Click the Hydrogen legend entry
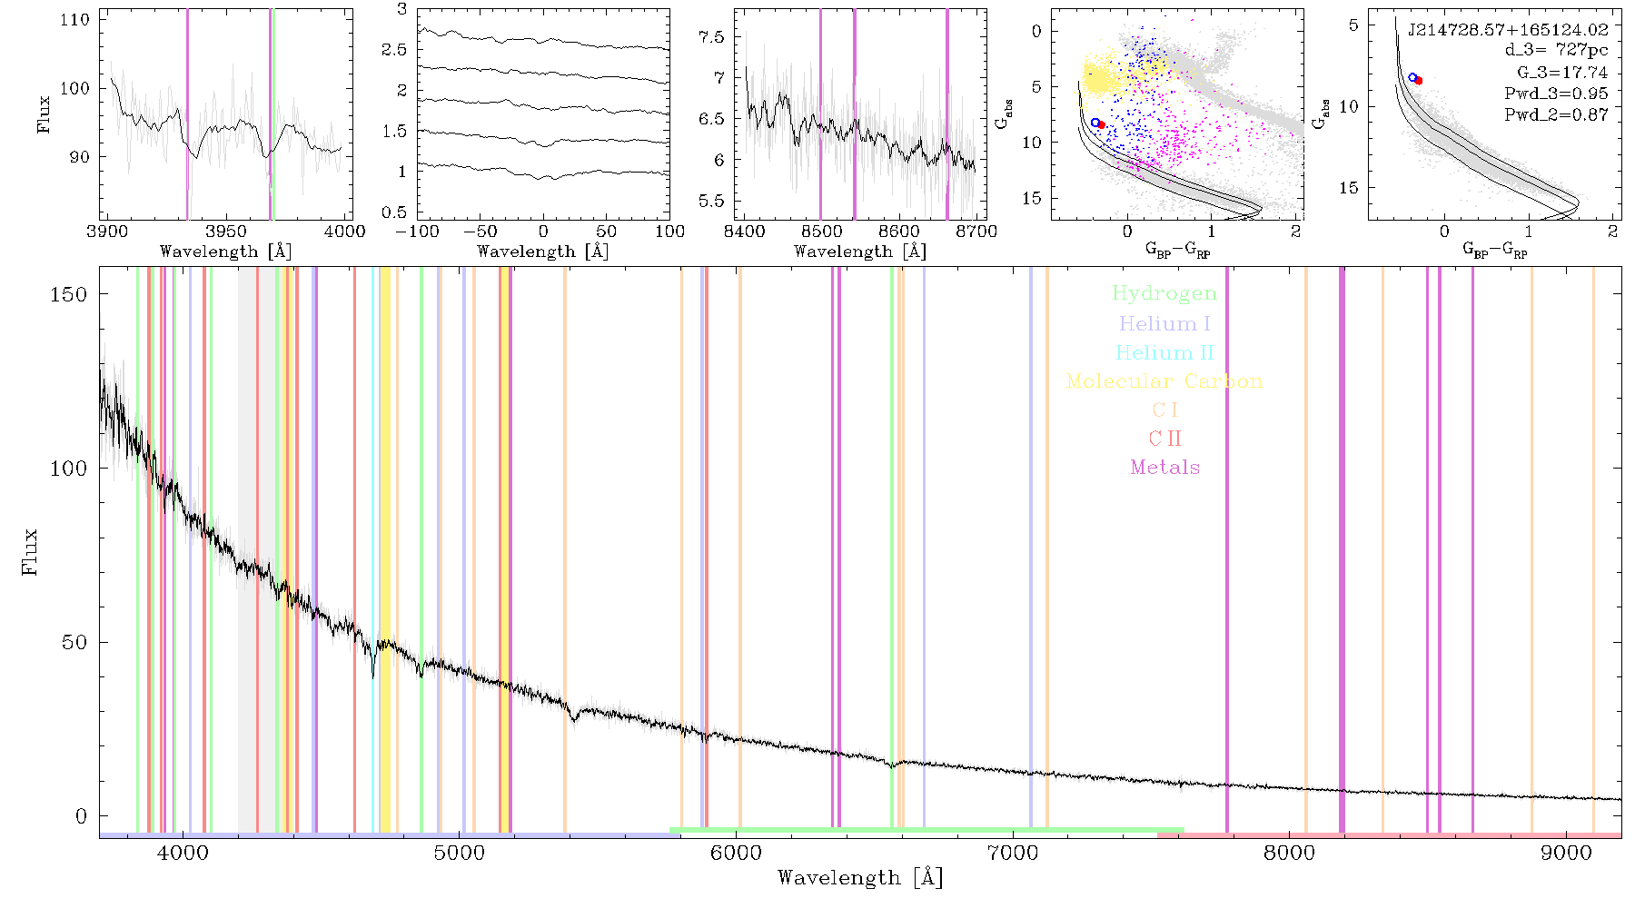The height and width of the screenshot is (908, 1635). (1164, 293)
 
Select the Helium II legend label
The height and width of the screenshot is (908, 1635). (1164, 352)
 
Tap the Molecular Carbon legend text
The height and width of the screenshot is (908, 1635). (1164, 381)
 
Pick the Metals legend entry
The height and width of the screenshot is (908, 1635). (1165, 468)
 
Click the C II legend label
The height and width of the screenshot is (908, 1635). (1164, 439)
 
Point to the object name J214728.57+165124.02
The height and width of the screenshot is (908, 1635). (1508, 30)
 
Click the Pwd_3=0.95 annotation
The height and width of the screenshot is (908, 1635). (1556, 94)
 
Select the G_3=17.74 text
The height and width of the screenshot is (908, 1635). (1562, 73)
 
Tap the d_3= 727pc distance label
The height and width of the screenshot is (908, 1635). (1556, 51)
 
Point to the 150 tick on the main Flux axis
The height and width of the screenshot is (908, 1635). (69, 294)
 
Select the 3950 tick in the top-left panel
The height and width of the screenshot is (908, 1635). (226, 231)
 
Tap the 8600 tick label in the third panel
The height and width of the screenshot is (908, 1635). (900, 231)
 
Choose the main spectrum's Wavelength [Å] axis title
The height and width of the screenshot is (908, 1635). (860, 878)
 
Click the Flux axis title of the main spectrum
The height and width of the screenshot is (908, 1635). (30, 551)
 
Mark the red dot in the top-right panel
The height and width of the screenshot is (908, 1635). (1418, 81)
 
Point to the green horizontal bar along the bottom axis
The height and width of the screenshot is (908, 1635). (926, 830)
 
